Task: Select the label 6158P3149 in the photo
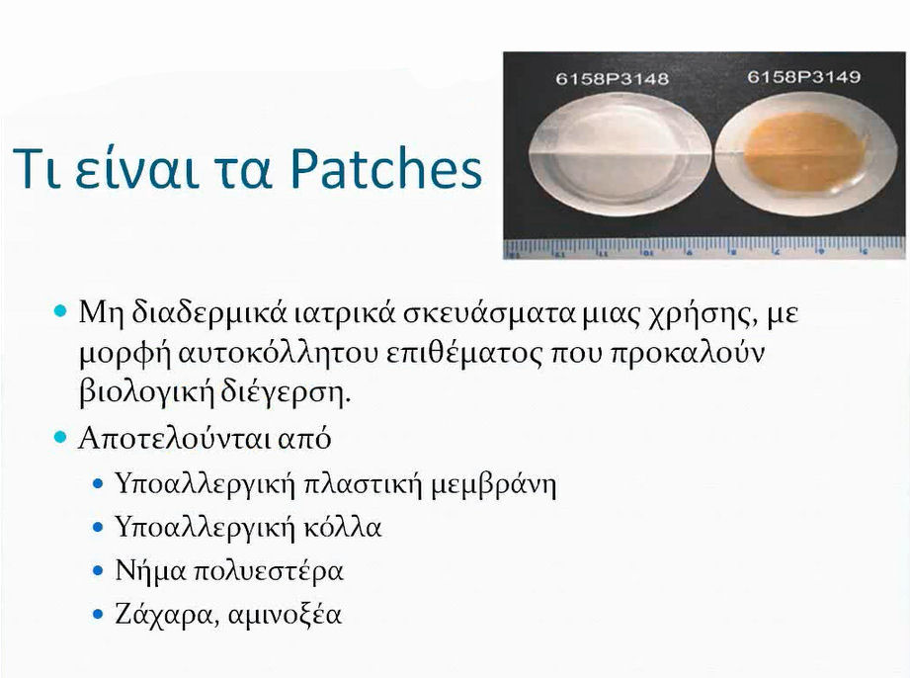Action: [801, 76]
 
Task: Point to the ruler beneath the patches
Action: [703, 247]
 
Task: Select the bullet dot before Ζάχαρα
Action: [98, 615]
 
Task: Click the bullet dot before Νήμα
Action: [98, 571]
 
